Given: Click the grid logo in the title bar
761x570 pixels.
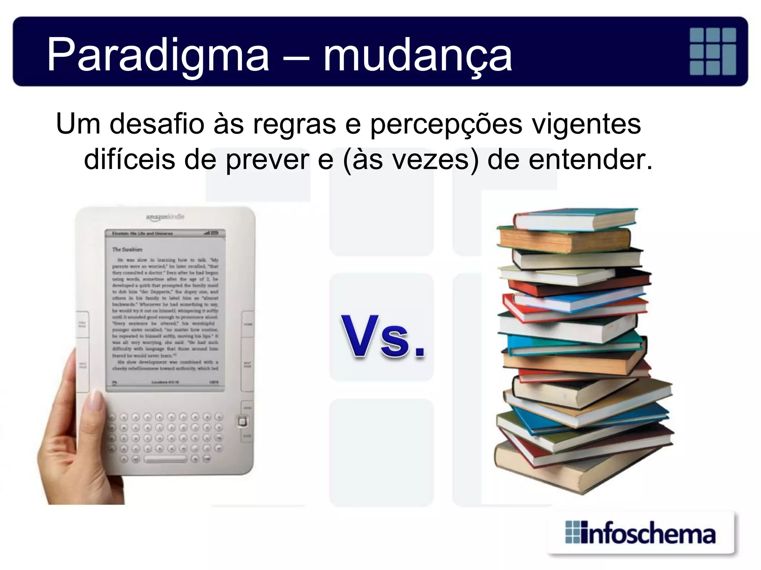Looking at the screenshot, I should (713, 51).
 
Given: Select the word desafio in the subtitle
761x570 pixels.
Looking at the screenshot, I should (156, 124).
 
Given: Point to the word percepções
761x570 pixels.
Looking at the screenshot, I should (446, 124).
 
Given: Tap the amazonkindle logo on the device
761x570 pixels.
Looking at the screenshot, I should (165, 217).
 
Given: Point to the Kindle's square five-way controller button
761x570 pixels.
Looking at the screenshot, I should (242, 422).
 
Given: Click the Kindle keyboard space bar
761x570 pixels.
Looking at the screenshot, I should (166, 459).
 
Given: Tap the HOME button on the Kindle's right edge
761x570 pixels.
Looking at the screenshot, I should (248, 324).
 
